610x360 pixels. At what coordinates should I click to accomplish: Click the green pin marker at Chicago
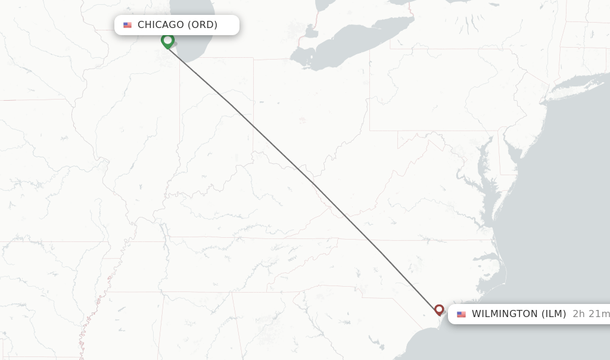[x=167, y=41]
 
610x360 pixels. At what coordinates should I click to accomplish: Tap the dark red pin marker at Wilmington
[x=439, y=309]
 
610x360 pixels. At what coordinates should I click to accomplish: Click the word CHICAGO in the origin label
[x=161, y=25]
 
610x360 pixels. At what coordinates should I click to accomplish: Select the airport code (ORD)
[x=203, y=25]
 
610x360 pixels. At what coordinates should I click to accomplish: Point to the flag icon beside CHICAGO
[x=127, y=25]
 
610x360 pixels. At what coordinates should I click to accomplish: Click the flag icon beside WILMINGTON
[x=461, y=314]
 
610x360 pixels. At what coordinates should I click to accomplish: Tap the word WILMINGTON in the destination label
[x=505, y=314]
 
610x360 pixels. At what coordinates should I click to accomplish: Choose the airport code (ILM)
[x=553, y=314]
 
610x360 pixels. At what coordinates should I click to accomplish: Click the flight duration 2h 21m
[x=590, y=314]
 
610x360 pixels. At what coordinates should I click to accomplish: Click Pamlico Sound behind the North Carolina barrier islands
[x=497, y=262]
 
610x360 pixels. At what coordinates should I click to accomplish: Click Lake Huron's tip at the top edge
[x=325, y=5]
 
